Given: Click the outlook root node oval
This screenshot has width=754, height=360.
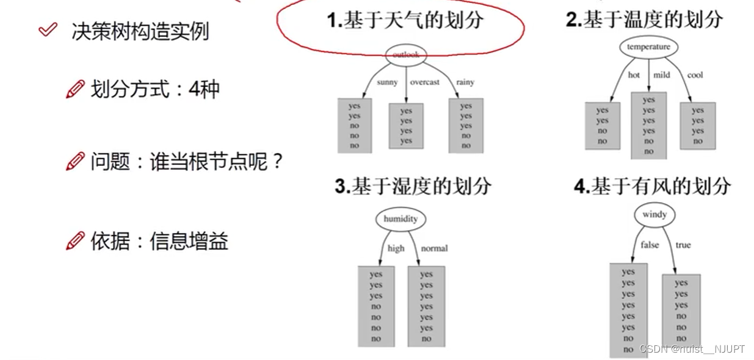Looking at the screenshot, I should [x=406, y=54].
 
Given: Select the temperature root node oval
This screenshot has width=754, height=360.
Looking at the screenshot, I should [x=648, y=47].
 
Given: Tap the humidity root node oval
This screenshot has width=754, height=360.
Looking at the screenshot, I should [x=401, y=219].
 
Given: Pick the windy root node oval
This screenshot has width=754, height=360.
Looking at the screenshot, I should [x=654, y=215].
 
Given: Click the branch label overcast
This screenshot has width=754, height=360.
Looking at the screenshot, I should [x=424, y=82].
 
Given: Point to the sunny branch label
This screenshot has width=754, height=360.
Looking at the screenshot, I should [x=387, y=82].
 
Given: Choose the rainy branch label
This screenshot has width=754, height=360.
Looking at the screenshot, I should [x=465, y=82].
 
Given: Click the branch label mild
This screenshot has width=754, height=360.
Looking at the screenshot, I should [x=662, y=75].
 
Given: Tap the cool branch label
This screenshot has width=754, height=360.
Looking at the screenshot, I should [x=695, y=75].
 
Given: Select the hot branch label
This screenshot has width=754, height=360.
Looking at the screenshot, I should [x=634, y=75].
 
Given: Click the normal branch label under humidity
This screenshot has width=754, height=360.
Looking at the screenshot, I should [x=434, y=248].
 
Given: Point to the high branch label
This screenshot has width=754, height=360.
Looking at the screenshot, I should [x=396, y=248].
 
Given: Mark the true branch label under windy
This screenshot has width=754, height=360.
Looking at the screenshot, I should [x=683, y=245].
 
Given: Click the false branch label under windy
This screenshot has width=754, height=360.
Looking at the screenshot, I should [x=650, y=245].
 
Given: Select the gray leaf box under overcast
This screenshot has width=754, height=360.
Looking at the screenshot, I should [x=406, y=126].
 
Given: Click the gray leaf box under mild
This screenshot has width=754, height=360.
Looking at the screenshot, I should [x=648, y=125].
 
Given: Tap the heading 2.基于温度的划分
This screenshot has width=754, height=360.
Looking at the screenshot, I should [x=644, y=20].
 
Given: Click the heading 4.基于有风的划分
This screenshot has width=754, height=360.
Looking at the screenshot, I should [x=652, y=186].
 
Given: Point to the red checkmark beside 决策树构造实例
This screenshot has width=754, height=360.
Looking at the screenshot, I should [x=48, y=29].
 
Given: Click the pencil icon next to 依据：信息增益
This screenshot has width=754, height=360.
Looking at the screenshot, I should [x=75, y=241].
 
